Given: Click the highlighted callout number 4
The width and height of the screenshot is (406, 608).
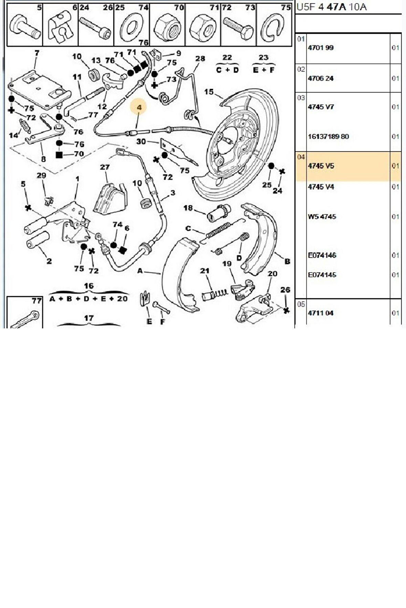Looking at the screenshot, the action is tap(139, 107).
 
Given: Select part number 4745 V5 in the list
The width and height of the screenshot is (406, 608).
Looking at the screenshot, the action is tap(321, 166).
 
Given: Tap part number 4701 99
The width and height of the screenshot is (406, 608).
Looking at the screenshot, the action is tap(320, 48).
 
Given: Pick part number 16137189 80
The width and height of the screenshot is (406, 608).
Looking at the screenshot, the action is tap(328, 136).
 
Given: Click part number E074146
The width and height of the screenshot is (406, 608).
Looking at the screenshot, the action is tap(322, 255).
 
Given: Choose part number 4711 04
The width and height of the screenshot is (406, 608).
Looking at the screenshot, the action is tap(320, 313).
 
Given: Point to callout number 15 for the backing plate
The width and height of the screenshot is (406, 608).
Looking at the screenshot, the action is tap(209, 92).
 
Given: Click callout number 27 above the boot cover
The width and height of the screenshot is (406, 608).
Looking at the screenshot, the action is tap(105, 167).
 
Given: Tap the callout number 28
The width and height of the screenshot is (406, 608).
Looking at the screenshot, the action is tap(200, 58).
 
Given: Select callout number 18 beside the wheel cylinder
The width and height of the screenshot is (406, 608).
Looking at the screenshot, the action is tap(188, 208).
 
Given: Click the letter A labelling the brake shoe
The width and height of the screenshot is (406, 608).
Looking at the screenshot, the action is tap(140, 271).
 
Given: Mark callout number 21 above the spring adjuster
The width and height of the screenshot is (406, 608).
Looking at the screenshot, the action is tap(205, 271).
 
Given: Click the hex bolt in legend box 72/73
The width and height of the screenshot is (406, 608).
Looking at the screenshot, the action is tap(238, 28).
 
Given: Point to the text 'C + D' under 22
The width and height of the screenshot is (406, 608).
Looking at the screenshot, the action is tap(227, 69).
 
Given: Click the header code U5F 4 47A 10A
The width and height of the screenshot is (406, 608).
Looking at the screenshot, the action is tap(331, 7).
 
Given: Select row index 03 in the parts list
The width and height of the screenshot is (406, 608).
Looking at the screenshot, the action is tap(301, 98).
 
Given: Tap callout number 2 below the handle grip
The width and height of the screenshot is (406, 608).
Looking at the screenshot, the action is tap(49, 261).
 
